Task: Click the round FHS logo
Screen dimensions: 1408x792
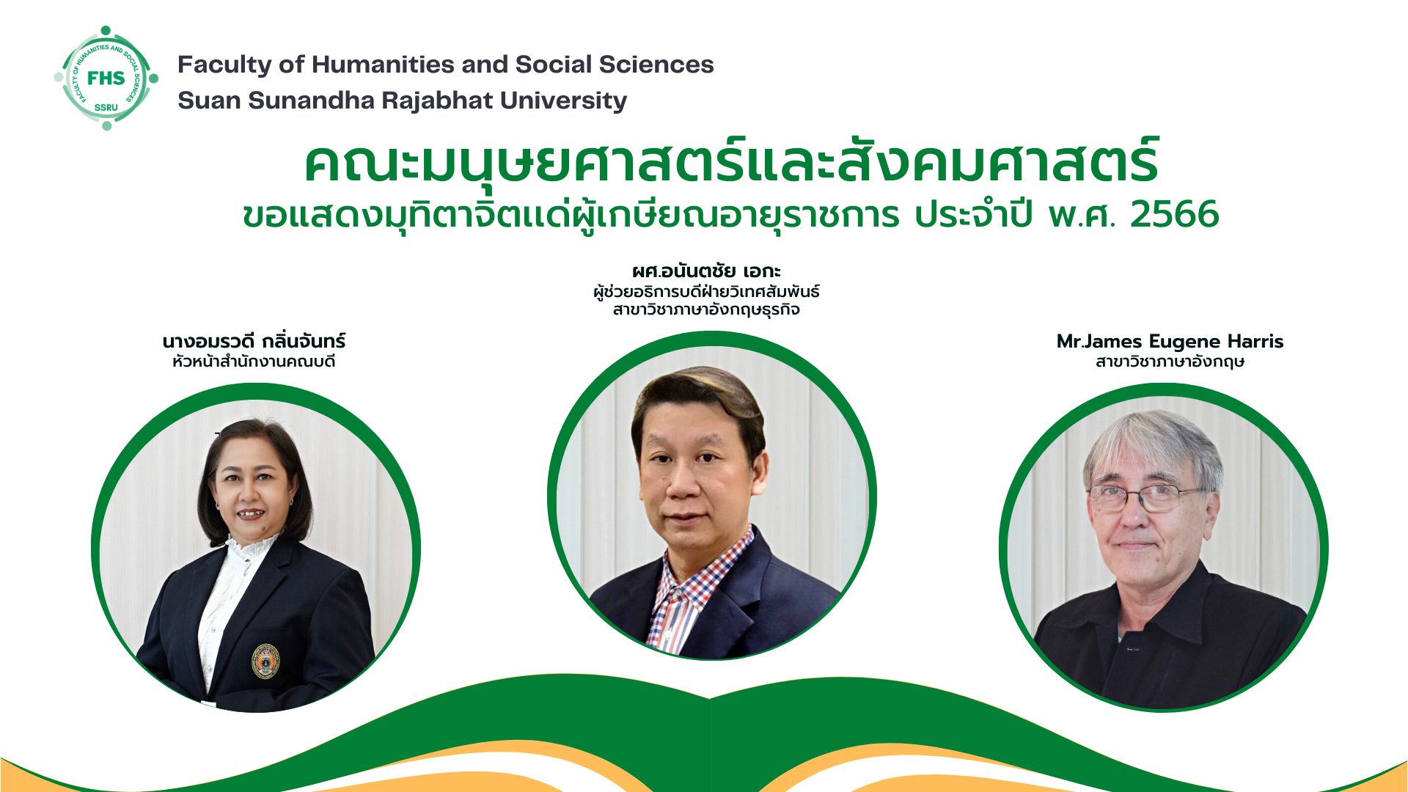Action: [x=106, y=78]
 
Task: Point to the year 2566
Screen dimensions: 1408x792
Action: [x=1174, y=214]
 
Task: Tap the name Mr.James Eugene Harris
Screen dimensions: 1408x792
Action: [x=1170, y=342]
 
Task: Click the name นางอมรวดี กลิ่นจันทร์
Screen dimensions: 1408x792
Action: [x=254, y=341]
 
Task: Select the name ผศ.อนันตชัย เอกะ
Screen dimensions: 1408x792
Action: [x=706, y=271]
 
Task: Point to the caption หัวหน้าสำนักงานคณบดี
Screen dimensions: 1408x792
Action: [x=254, y=362]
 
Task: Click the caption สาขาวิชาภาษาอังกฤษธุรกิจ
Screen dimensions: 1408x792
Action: [x=706, y=309]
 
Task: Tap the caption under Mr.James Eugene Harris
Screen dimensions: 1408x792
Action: [x=1170, y=362]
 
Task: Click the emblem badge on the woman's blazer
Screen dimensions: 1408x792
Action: [x=265, y=661]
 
